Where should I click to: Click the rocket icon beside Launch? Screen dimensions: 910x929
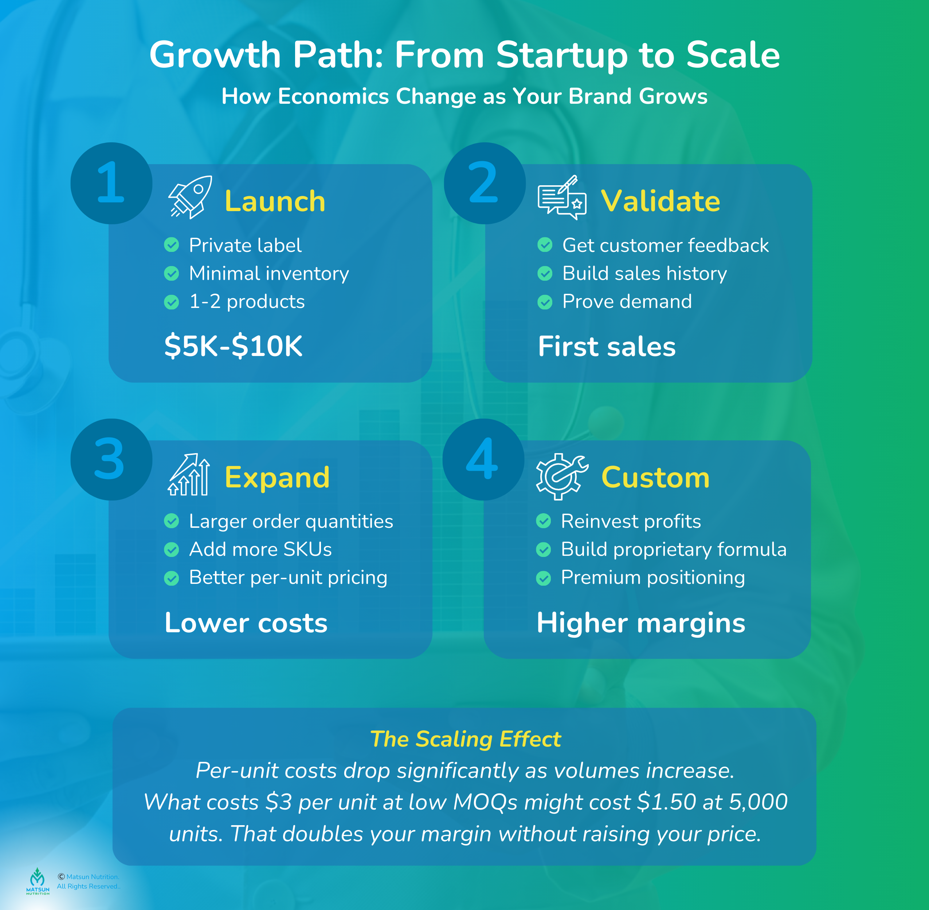pyautogui.click(x=191, y=197)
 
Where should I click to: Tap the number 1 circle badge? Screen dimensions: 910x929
pyautogui.click(x=111, y=183)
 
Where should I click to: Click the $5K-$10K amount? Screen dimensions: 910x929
pyautogui.click(x=234, y=346)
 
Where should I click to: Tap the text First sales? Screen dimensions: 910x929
pyautogui.click(x=607, y=346)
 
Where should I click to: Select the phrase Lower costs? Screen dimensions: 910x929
pyautogui.click(x=246, y=623)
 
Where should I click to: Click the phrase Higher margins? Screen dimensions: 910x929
pyautogui.click(x=640, y=623)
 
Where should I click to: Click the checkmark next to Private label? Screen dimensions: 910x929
pyautogui.click(x=171, y=245)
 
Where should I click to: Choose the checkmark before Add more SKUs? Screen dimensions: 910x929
pyautogui.click(x=171, y=550)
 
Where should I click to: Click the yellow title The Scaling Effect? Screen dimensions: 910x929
pyautogui.click(x=465, y=739)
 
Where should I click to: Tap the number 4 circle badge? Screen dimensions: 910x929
pyautogui.click(x=483, y=459)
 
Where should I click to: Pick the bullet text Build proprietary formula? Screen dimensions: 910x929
pyautogui.click(x=674, y=550)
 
